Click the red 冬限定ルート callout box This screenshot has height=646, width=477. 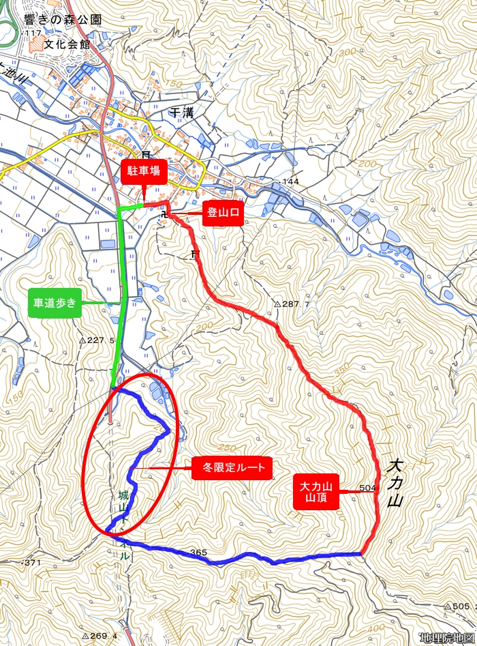point(232,469)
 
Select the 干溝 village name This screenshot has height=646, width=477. point(182,113)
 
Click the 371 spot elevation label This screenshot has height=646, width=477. point(33,562)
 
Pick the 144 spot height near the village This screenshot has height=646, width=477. point(290,182)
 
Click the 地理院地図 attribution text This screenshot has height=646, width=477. point(446,638)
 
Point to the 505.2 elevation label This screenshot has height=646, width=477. point(462,606)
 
